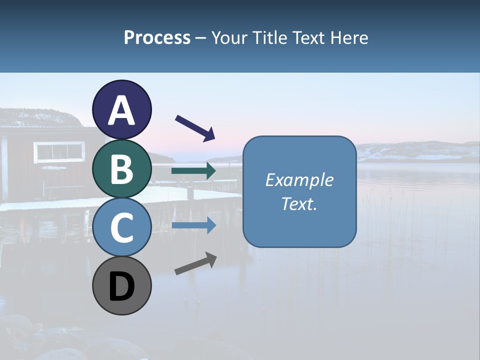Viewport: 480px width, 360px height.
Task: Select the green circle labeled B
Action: point(122,168)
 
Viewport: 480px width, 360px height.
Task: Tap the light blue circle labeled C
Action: point(122,227)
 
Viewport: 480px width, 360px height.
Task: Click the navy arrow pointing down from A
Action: point(195,128)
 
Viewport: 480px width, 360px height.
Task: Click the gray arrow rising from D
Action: point(195,264)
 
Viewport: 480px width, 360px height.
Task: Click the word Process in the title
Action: point(157,37)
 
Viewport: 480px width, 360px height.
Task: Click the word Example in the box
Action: point(299,180)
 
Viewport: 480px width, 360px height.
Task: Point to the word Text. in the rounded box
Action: point(299,203)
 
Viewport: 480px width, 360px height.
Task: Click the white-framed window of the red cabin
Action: point(59,151)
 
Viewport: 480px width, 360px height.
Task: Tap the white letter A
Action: point(122,110)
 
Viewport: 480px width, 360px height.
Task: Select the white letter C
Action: point(122,228)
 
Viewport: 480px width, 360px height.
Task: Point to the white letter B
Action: point(122,169)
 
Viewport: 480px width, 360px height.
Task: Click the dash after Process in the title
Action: point(201,38)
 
